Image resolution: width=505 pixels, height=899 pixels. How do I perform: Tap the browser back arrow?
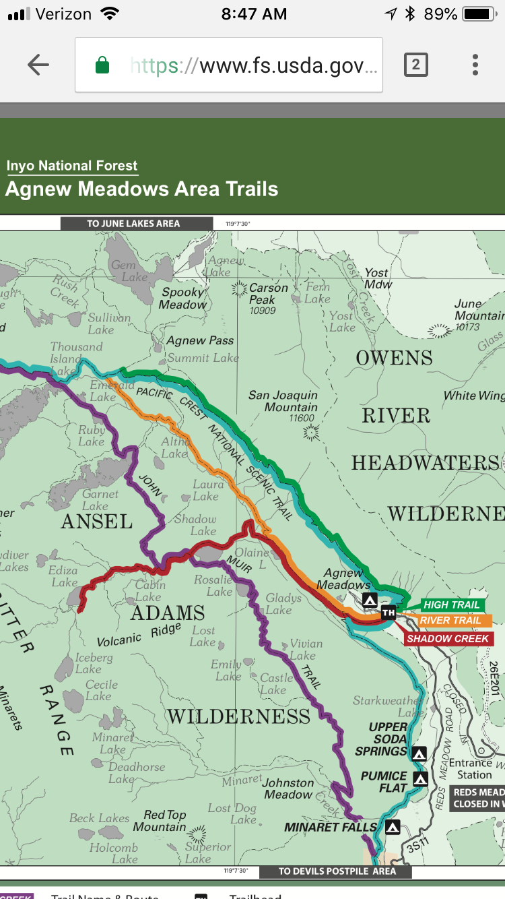point(38,65)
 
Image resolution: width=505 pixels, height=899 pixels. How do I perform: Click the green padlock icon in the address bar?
point(102,65)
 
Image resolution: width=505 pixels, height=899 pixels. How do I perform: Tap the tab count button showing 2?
point(415,65)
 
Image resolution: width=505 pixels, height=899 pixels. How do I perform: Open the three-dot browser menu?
point(475,65)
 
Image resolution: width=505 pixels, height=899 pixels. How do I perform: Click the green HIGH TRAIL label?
point(451,605)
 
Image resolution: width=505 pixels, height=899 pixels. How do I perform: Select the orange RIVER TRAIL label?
point(450,621)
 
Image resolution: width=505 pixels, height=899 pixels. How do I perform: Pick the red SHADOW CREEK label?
point(448,638)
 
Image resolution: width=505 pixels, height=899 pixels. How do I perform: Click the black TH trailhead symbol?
point(388,613)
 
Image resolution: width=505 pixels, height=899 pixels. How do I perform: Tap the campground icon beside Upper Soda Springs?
point(419,753)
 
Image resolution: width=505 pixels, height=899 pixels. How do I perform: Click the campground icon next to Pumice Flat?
point(420,779)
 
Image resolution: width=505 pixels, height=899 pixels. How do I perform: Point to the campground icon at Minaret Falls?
point(393,826)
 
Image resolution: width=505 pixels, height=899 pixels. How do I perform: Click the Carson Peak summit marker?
point(239,289)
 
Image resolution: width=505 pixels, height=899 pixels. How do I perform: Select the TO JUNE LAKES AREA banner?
point(133,224)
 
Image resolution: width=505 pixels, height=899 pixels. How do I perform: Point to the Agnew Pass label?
point(200,341)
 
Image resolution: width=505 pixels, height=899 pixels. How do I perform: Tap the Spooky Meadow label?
point(182,299)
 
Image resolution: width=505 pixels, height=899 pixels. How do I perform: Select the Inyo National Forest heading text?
point(72,166)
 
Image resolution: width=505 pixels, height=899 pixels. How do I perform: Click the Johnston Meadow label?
point(288,788)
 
